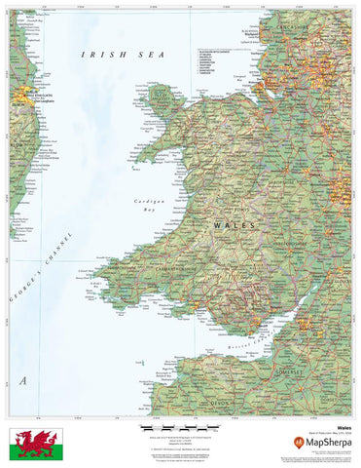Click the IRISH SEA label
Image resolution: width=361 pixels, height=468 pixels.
pos(121,56)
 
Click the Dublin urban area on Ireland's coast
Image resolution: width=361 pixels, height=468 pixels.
pos(21,95)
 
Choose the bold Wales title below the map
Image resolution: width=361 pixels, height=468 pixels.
pos(344,426)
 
